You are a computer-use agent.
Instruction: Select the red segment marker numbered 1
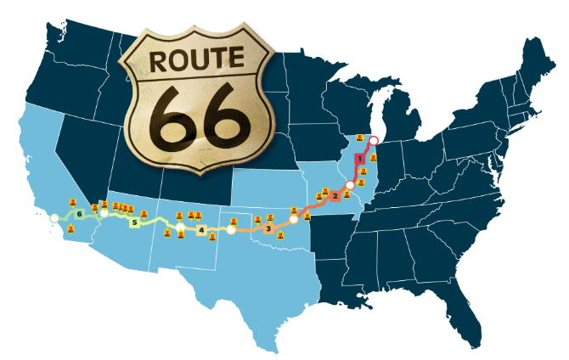[359, 159]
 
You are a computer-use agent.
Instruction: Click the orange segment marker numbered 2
[335, 197]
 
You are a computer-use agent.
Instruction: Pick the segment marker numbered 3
[268, 228]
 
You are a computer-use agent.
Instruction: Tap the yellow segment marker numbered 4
[200, 229]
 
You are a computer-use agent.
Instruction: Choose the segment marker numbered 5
[133, 223]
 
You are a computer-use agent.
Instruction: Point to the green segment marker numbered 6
[79, 214]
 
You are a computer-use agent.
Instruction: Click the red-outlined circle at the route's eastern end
[373, 139]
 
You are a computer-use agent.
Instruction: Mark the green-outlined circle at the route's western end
[54, 218]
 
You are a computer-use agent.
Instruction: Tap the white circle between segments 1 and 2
[349, 184]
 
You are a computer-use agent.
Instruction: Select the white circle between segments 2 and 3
[294, 218]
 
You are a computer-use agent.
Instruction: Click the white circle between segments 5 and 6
[104, 214]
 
